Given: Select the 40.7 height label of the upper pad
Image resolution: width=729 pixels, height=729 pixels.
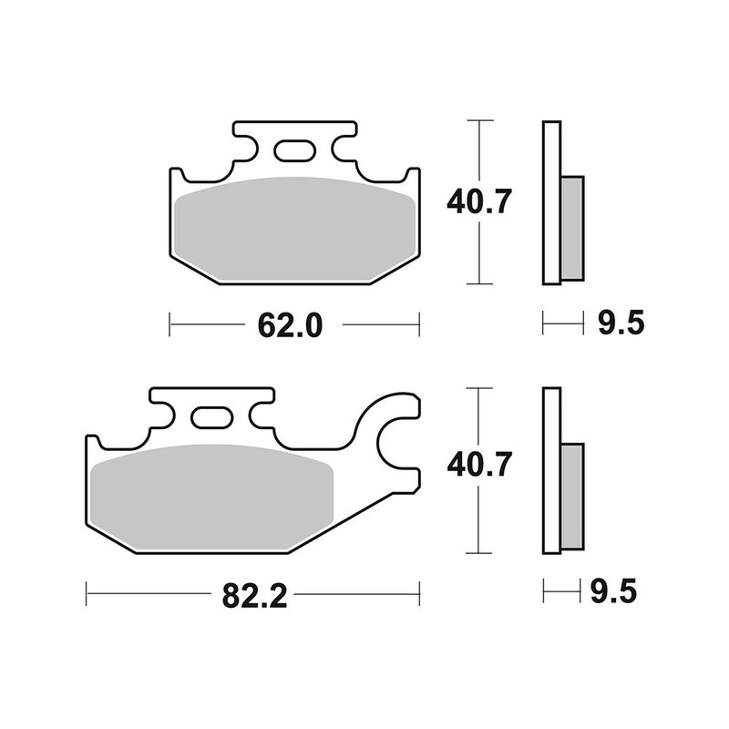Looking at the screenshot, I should [477, 200].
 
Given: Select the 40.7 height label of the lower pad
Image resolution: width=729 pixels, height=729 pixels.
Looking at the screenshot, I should [477, 467].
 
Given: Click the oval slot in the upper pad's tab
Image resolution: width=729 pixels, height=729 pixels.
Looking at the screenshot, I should [293, 150].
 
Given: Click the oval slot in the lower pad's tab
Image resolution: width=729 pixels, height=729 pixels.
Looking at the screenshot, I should [211, 418].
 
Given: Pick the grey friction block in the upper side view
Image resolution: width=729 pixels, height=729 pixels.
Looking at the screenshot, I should [571, 227].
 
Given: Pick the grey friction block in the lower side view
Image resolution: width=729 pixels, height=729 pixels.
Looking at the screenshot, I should [571, 496].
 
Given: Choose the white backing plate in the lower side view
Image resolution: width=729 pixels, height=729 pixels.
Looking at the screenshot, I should [550, 470].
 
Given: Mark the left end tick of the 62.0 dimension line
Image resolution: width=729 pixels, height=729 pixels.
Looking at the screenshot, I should [171, 323].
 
